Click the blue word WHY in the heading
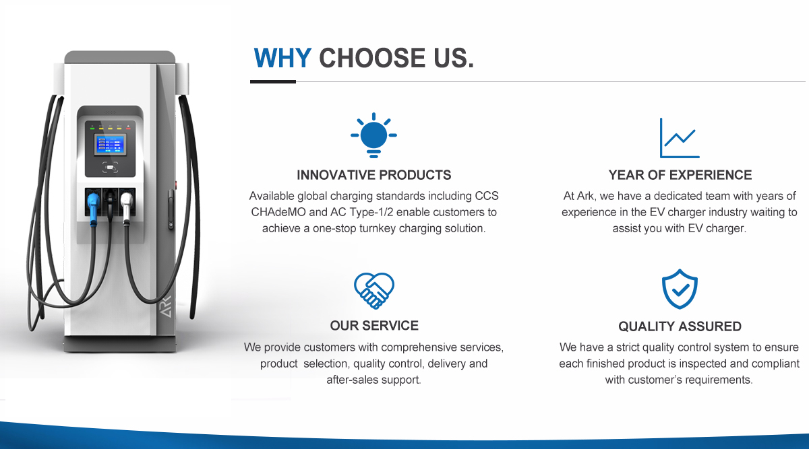[282, 58]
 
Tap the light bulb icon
[373, 135]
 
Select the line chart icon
[680, 138]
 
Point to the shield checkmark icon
[680, 289]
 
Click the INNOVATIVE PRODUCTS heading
[373, 175]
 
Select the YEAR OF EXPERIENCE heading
[680, 175]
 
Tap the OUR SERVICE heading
[374, 326]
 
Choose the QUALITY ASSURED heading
[680, 326]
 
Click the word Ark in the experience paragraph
[585, 196]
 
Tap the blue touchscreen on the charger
[110, 144]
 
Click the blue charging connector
[93, 207]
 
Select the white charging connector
[127, 207]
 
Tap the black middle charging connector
[110, 206]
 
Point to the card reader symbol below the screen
[110, 168]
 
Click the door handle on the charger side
[171, 209]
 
